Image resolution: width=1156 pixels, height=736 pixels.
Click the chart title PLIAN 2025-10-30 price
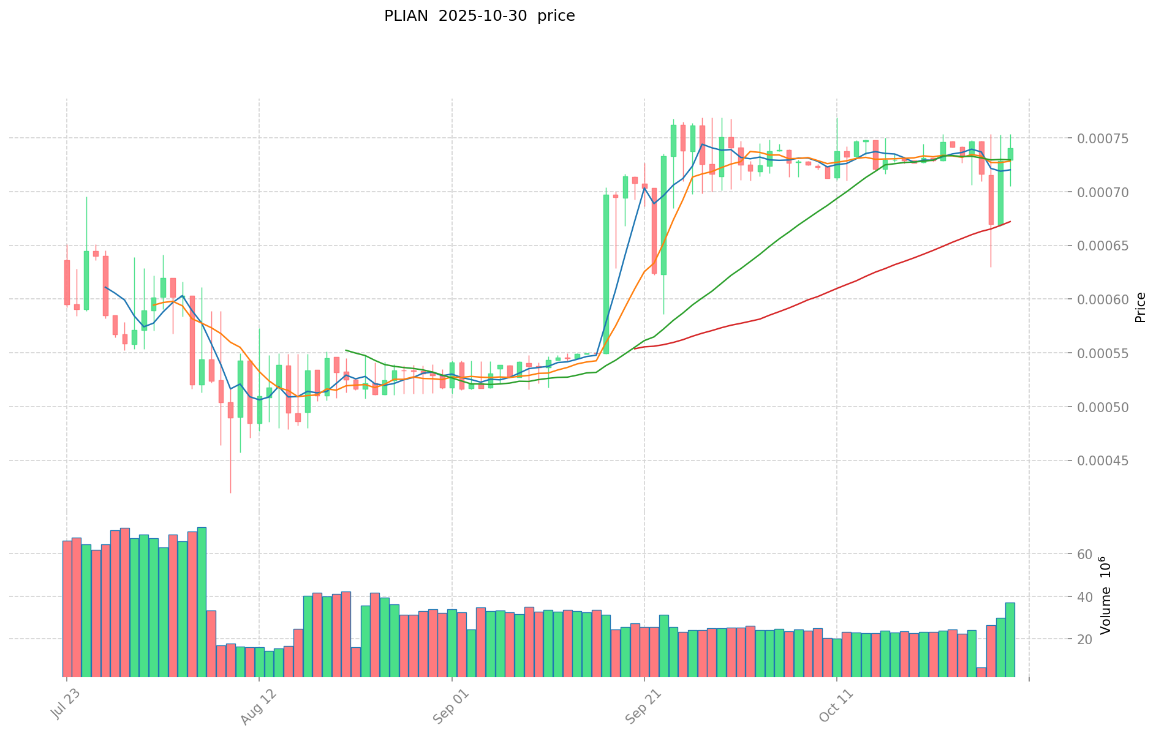coord(479,17)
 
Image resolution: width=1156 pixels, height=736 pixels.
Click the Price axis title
coord(1140,307)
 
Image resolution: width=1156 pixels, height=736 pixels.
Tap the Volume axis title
coord(1106,595)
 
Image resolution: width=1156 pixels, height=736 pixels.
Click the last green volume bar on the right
coord(1010,639)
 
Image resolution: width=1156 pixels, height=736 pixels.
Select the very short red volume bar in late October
coord(981,672)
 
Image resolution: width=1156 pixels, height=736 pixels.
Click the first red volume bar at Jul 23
coord(67,608)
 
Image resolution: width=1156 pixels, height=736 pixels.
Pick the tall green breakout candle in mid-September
coord(606,274)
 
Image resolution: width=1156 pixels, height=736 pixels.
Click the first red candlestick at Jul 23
coord(67,282)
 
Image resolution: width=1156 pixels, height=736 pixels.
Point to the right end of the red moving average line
coord(1010,222)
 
